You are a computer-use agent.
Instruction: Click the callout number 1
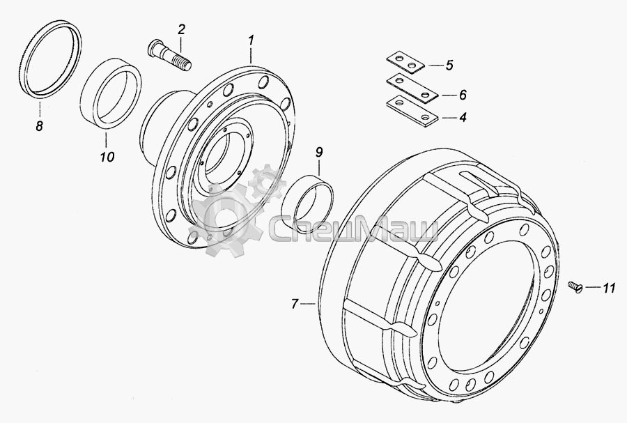point(251,41)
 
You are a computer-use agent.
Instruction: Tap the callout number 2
point(182,29)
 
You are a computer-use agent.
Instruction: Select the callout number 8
point(39,126)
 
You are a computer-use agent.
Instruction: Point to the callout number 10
point(107,156)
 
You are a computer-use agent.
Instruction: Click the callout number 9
point(318,152)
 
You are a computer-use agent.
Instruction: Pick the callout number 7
point(295,305)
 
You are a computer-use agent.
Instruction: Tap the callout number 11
point(609,288)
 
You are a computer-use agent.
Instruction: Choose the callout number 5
point(449,65)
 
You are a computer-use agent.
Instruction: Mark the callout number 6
point(463,95)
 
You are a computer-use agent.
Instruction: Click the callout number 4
point(463,118)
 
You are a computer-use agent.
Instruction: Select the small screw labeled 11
point(575,287)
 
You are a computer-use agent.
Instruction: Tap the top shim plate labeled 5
point(405,63)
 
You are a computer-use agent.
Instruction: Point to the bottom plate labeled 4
point(412,111)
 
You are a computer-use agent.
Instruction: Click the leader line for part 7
point(307,305)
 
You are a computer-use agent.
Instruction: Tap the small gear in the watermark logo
point(267,183)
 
